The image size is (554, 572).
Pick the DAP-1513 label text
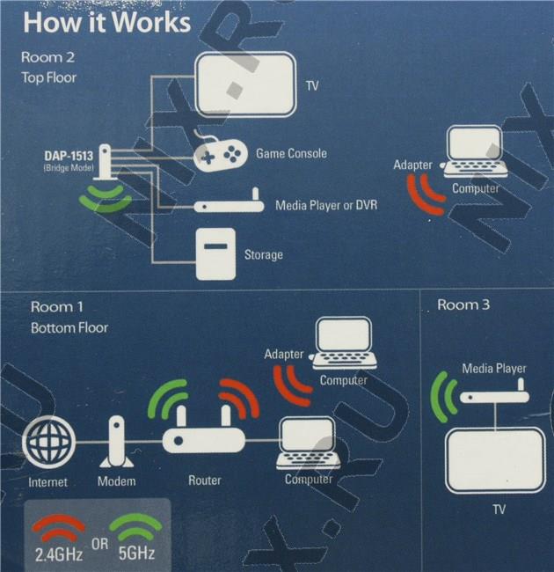coord(69,157)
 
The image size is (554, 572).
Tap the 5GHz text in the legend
coord(135,553)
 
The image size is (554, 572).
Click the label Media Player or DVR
coord(326,205)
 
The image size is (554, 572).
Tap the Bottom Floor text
coord(69,327)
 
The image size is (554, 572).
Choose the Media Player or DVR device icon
coord(229,205)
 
